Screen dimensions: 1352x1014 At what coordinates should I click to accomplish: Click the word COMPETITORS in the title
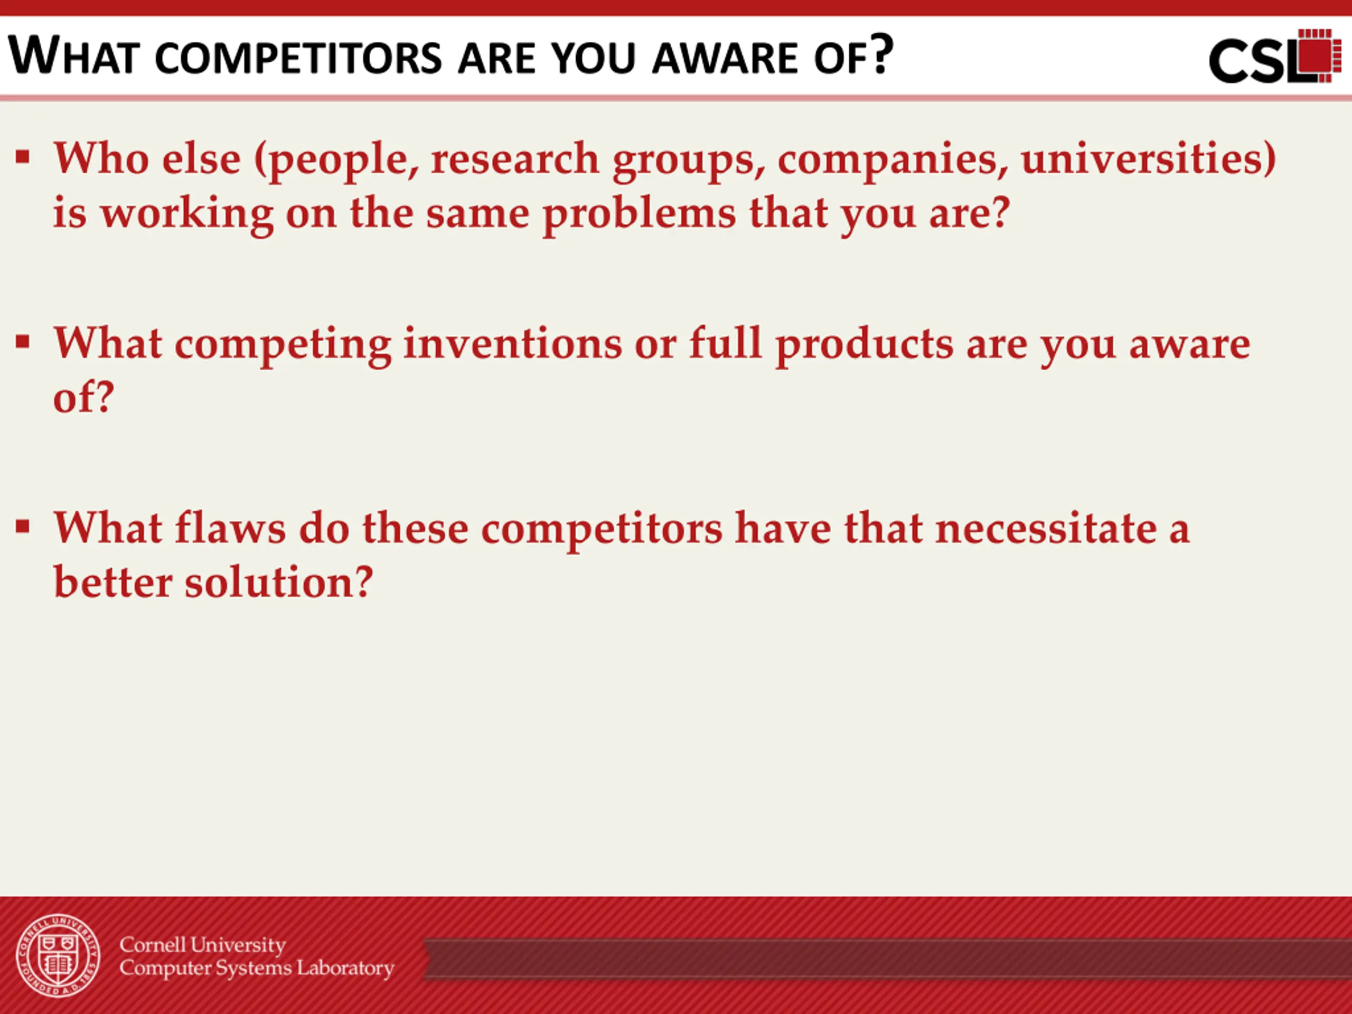[298, 58]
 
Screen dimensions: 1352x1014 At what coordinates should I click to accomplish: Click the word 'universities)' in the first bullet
[1149, 159]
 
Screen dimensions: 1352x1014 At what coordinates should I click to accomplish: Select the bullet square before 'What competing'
[23, 342]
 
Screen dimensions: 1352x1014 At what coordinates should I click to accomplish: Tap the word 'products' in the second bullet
[864, 345]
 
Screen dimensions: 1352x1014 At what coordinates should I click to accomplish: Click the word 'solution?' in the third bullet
[279, 582]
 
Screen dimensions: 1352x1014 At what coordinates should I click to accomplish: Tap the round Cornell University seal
[58, 956]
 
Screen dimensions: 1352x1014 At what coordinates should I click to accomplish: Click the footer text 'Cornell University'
[203, 945]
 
